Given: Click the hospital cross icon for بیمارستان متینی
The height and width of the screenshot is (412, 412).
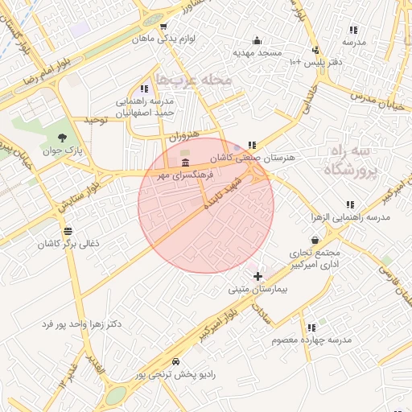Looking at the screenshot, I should pyautogui.click(x=257, y=276).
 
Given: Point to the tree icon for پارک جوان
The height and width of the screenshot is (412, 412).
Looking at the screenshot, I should pyautogui.click(x=63, y=136).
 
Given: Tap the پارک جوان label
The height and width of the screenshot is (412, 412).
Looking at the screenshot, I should pyautogui.click(x=63, y=149).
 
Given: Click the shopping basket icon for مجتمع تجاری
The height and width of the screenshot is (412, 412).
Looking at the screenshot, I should pyautogui.click(x=314, y=239).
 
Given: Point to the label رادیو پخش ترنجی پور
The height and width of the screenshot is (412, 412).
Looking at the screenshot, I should pyautogui.click(x=175, y=374).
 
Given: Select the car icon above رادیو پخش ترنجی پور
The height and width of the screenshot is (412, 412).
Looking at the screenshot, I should pyautogui.click(x=175, y=363).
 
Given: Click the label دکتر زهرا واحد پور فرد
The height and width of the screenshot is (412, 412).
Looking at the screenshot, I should pyautogui.click(x=82, y=324).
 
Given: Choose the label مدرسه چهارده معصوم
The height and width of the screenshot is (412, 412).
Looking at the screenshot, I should pyautogui.click(x=311, y=340).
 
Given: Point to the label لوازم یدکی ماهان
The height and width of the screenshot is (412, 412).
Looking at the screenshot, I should pyautogui.click(x=164, y=38).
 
